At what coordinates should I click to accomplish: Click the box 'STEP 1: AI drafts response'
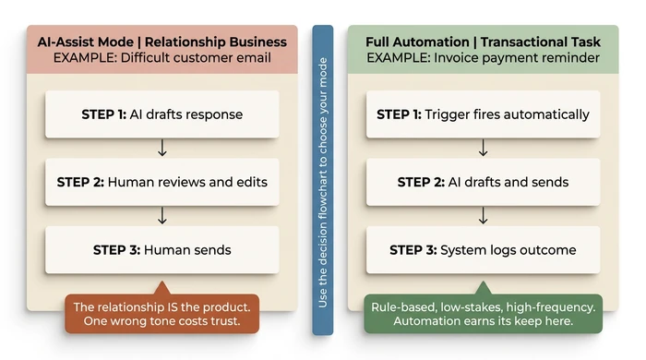pos(161,114)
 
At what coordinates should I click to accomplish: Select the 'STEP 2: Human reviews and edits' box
pos(161,182)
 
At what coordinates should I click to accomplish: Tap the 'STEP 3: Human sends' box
pos(161,249)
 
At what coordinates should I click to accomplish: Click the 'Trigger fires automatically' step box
pos(483,114)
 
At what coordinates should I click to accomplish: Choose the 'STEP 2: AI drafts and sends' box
pos(483,182)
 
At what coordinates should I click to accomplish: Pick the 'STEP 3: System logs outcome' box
pos(483,249)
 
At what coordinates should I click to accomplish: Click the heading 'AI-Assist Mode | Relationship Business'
pos(161,42)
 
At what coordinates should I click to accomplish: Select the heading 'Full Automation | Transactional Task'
pos(483,42)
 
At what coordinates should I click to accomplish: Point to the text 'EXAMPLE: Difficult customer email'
pos(161,58)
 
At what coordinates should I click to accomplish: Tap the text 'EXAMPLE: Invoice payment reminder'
pos(483,58)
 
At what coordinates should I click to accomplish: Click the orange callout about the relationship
pos(161,314)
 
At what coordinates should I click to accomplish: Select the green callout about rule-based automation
pos(483,314)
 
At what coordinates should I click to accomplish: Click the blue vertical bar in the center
pos(322,180)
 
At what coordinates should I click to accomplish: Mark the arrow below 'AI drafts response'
pos(161,148)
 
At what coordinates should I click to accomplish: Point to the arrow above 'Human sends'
pos(161,215)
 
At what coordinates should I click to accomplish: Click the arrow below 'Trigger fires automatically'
pos(483,148)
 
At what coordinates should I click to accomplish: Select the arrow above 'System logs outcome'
pos(483,215)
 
